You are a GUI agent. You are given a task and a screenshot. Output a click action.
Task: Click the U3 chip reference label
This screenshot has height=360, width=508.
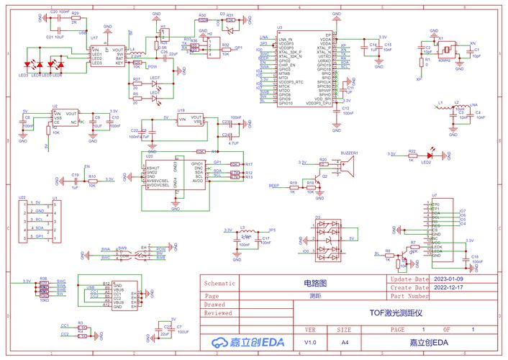(260, 27)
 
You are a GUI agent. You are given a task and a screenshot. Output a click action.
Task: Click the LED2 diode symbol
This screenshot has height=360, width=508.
(430, 155)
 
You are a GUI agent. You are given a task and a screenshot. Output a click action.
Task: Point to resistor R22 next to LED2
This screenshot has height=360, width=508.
(412, 155)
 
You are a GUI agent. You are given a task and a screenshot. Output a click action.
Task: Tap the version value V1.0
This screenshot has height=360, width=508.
(310, 342)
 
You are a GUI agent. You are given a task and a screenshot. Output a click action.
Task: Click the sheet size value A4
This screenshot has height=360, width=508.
(345, 342)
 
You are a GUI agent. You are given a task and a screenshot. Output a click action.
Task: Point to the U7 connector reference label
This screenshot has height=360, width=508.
(434, 196)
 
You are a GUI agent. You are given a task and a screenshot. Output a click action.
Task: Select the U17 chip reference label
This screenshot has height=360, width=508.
(94, 37)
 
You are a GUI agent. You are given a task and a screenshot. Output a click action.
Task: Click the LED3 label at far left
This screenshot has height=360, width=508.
(24, 75)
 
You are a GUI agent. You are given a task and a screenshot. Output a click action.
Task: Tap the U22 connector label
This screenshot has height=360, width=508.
(22, 197)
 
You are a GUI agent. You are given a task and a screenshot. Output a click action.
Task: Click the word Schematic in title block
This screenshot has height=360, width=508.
(220, 283)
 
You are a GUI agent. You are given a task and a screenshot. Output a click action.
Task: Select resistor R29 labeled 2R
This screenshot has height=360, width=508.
(76, 18)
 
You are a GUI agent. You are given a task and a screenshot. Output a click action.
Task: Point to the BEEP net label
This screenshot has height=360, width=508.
(273, 186)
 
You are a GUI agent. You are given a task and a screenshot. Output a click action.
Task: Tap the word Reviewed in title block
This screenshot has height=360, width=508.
(219, 313)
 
